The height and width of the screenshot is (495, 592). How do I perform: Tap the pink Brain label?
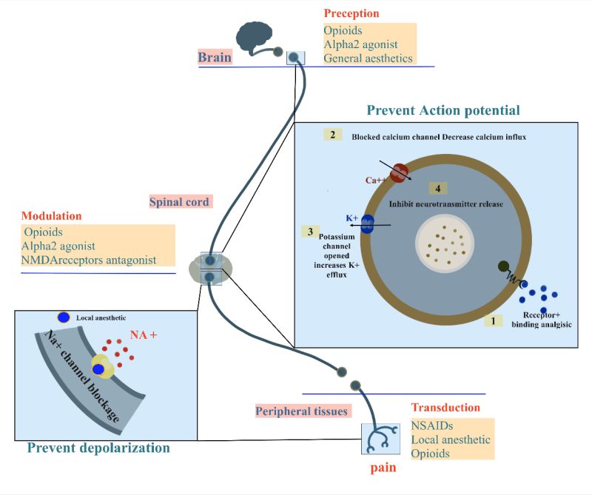tap(215, 57)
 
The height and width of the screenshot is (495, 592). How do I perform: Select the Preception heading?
tap(351, 13)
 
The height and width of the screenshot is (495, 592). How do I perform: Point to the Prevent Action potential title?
tap(443, 110)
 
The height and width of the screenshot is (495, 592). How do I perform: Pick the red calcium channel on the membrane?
tap(400, 172)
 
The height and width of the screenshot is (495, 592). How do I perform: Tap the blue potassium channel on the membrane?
tap(367, 223)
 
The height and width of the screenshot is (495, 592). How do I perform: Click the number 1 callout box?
tap(493, 321)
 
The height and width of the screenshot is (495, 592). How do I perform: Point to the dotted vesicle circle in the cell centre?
tap(444, 245)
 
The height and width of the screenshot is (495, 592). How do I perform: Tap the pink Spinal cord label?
tap(181, 201)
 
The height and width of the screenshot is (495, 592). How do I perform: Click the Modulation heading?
tap(52, 216)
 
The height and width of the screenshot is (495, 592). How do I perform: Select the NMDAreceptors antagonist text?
tap(89, 260)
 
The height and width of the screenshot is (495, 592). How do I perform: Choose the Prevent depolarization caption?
tap(98, 448)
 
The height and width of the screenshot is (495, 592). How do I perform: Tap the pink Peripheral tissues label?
tap(302, 411)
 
